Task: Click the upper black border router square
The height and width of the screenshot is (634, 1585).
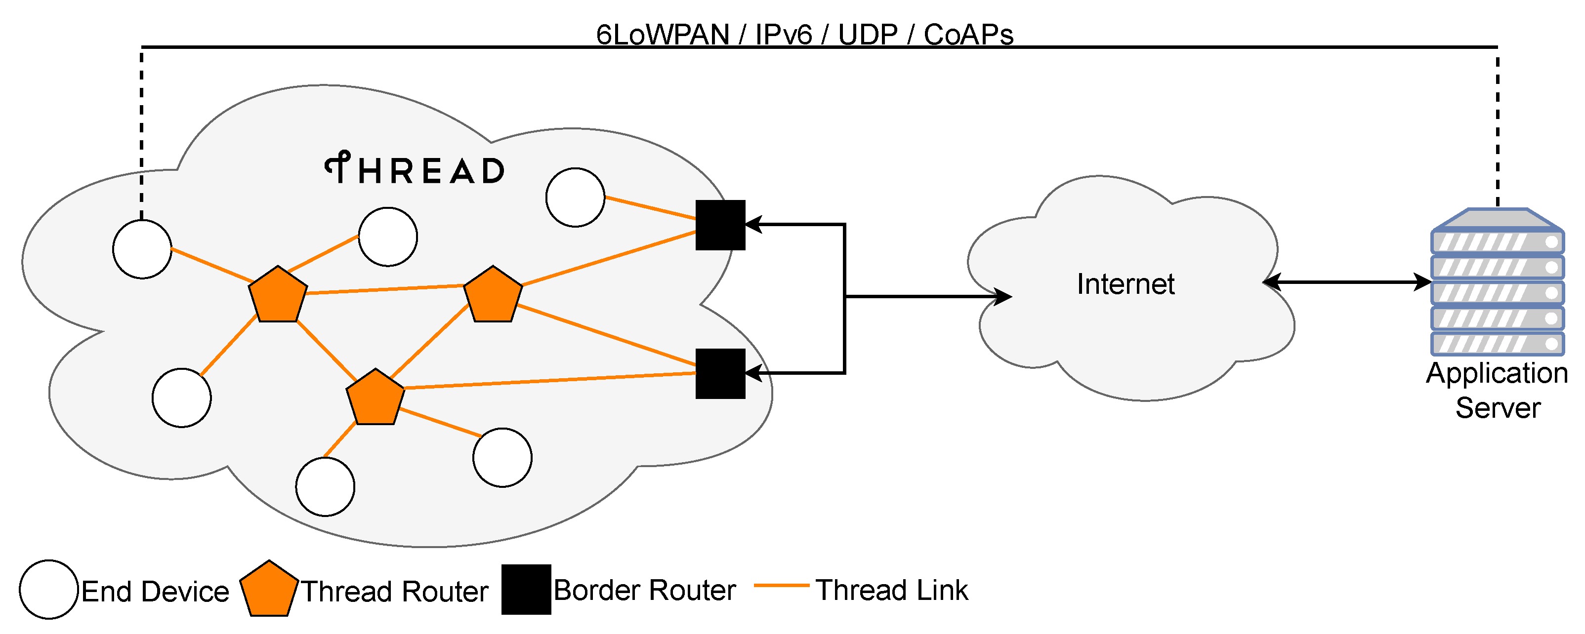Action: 720,225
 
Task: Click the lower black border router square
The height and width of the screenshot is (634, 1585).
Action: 720,374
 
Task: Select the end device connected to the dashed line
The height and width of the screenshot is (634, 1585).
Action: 142,249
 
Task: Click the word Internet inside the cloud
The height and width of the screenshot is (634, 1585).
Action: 1126,284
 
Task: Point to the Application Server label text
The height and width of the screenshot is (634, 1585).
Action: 1497,391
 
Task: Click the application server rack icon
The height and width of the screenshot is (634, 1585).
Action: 1497,283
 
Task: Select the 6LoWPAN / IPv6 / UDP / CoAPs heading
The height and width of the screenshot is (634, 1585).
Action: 804,35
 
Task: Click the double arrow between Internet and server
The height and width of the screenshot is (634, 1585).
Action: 1347,282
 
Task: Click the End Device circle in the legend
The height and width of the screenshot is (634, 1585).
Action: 48,589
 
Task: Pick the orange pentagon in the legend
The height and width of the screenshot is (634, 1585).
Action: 269,589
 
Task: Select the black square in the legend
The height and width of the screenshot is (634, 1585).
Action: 526,589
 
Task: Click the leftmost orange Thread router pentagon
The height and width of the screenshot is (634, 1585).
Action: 278,296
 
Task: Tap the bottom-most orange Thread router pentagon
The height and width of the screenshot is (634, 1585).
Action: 375,398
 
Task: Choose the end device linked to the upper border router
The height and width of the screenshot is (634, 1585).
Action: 575,198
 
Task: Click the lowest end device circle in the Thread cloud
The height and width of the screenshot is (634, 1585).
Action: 325,486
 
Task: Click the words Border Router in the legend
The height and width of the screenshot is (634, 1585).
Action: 644,591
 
